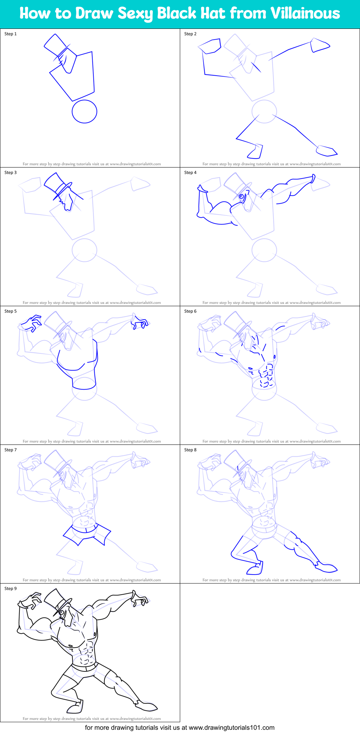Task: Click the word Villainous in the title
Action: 305,13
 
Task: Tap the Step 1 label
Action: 10,34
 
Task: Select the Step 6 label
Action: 190,311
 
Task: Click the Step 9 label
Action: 10,589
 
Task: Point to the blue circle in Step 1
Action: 84,111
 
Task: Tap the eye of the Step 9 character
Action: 61,612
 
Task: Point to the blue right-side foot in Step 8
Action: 326,568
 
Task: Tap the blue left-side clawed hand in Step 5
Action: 32,323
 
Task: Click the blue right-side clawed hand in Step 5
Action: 140,322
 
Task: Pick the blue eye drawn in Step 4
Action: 241,197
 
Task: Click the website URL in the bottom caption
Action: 231,728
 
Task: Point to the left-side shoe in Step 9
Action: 75,707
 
